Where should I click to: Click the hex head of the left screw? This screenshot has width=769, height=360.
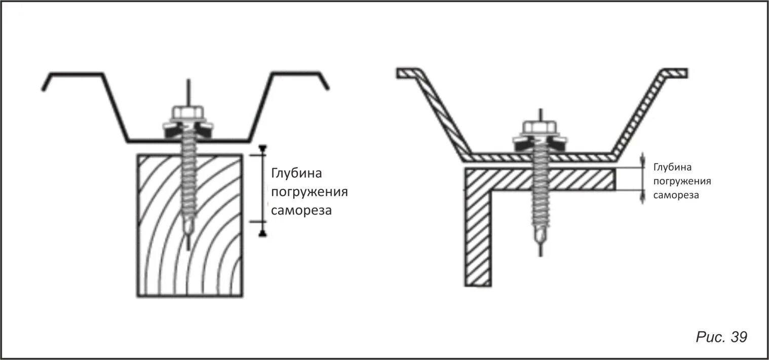[188, 112]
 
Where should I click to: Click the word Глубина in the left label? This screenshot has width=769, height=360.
[296, 173]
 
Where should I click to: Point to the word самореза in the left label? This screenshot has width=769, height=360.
[301, 210]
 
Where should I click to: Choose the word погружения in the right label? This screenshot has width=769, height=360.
[682, 181]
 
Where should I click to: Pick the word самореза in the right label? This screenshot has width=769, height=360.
[676, 195]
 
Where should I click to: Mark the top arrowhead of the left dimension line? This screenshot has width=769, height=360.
[262, 148]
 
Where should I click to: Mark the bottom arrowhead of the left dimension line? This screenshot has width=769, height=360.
[262, 233]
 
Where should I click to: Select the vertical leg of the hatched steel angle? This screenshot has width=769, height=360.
[478, 238]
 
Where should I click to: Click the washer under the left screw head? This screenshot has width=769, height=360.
[188, 127]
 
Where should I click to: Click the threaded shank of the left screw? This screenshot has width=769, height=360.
[188, 177]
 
